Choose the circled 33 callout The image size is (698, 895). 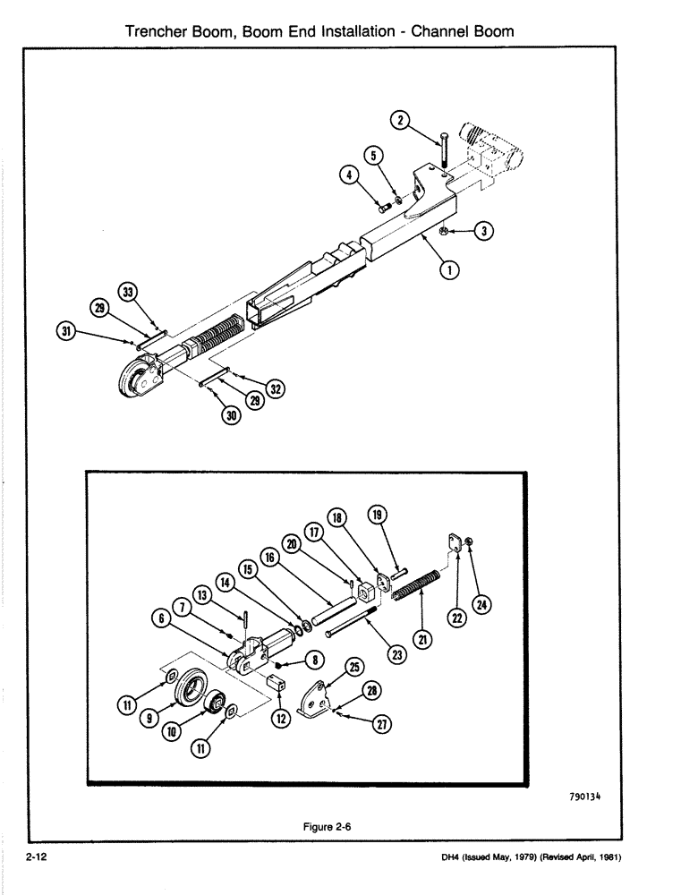click(x=129, y=292)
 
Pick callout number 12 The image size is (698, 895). click(x=281, y=718)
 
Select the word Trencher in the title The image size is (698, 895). click(x=157, y=30)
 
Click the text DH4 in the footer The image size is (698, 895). click(x=454, y=857)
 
